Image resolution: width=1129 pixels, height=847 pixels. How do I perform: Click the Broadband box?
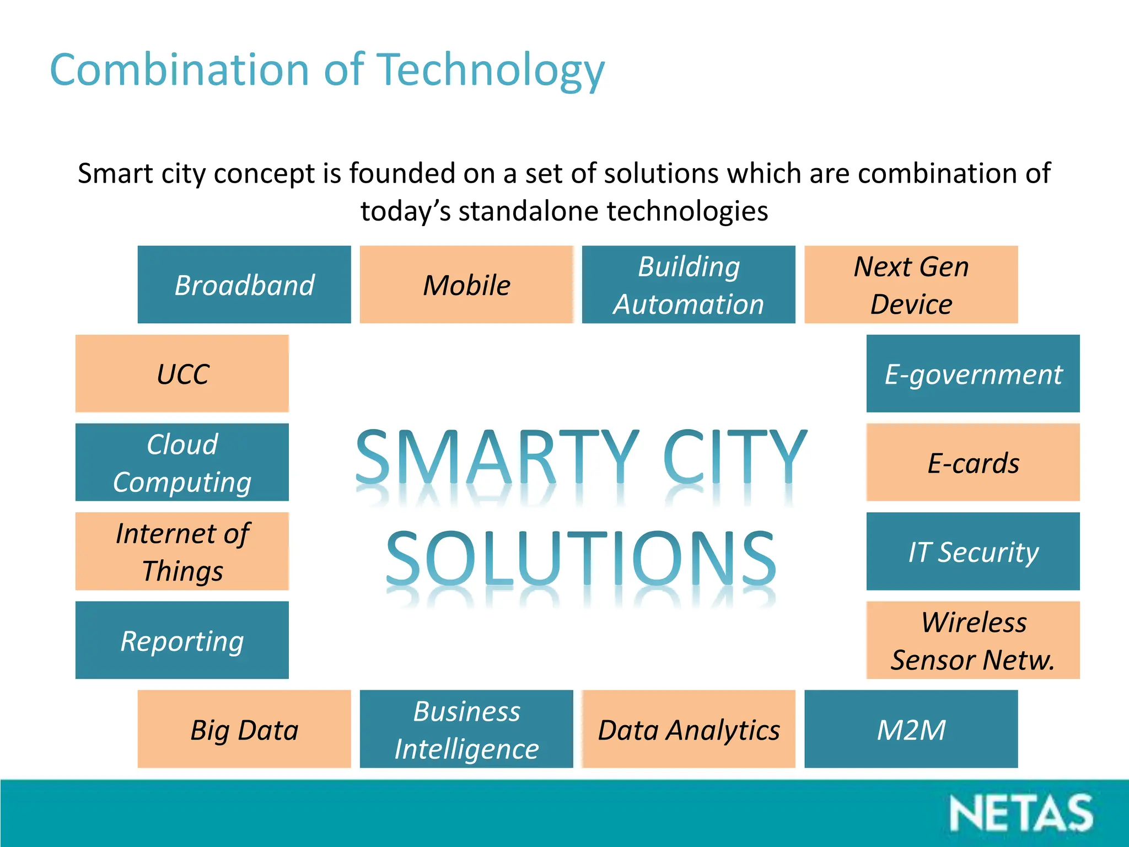[x=244, y=285]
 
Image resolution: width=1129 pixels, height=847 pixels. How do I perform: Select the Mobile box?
[x=466, y=285]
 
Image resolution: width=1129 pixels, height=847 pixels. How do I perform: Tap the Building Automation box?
[x=689, y=285]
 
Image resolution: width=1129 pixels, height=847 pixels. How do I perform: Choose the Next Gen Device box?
[x=911, y=285]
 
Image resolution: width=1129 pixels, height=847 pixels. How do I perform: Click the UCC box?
[x=182, y=373]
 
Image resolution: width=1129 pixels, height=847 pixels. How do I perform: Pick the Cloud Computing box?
[x=182, y=462]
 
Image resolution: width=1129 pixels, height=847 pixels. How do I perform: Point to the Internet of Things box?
[x=182, y=551]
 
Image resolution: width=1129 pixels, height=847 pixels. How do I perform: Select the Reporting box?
[x=182, y=640]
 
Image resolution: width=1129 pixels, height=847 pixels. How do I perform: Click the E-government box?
[x=973, y=373]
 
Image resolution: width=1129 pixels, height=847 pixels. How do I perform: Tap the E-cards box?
[x=973, y=462]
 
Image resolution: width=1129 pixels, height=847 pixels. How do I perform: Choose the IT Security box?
[x=973, y=551]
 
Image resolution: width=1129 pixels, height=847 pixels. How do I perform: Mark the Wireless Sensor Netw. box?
[x=973, y=640]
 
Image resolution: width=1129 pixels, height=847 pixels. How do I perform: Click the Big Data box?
[x=244, y=728]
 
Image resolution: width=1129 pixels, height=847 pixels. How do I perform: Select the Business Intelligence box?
[x=466, y=728]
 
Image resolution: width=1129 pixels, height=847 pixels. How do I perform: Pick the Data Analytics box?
[x=689, y=728]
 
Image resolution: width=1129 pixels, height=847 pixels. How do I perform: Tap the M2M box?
[x=911, y=728]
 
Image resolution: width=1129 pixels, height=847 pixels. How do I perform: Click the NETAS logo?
[x=1021, y=813]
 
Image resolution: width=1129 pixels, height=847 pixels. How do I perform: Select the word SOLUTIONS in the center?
[x=581, y=558]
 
